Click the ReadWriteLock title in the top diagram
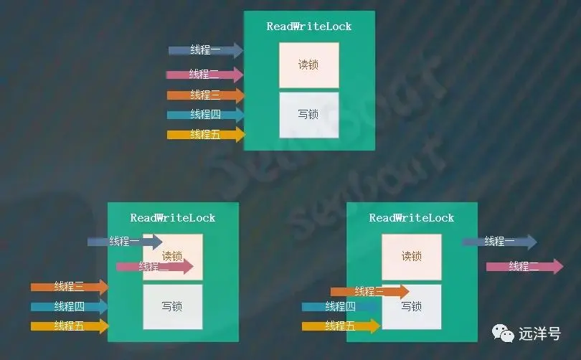pyautogui.click(x=309, y=27)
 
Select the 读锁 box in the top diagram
pyautogui.click(x=308, y=65)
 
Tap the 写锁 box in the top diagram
pyautogui.click(x=308, y=114)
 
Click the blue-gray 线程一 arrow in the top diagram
pyautogui.click(x=206, y=50)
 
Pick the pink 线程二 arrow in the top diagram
pyautogui.click(x=205, y=74)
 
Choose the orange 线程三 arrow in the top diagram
pyautogui.click(x=205, y=95)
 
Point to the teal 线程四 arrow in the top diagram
pyautogui.click(x=205, y=115)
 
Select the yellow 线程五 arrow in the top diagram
pyautogui.click(x=205, y=134)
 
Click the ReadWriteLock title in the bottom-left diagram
pyautogui.click(x=173, y=218)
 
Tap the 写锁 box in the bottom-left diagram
pyautogui.click(x=172, y=306)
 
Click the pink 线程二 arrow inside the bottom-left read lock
pyautogui.click(x=155, y=267)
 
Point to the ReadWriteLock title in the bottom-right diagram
pyautogui.click(x=412, y=218)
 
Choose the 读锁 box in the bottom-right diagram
pyautogui.click(x=411, y=256)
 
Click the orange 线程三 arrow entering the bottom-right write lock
pyautogui.click(x=369, y=291)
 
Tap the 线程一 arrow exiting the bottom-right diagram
pyautogui.click(x=499, y=242)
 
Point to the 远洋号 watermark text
pyautogui.click(x=539, y=333)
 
